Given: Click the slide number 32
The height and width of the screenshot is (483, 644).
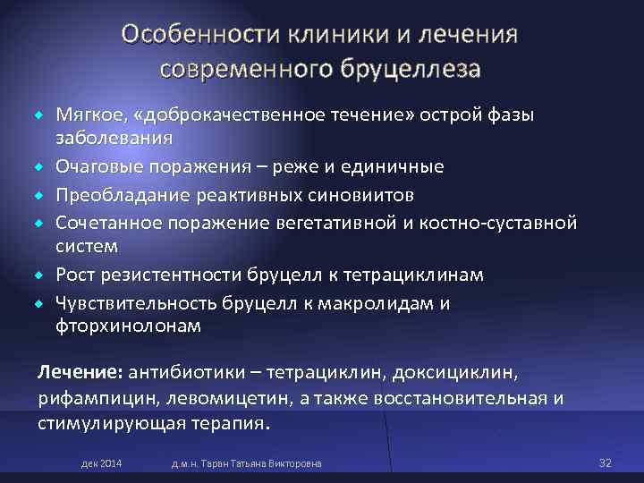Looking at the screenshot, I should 605,462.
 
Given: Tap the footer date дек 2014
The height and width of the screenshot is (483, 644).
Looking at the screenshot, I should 102,463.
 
